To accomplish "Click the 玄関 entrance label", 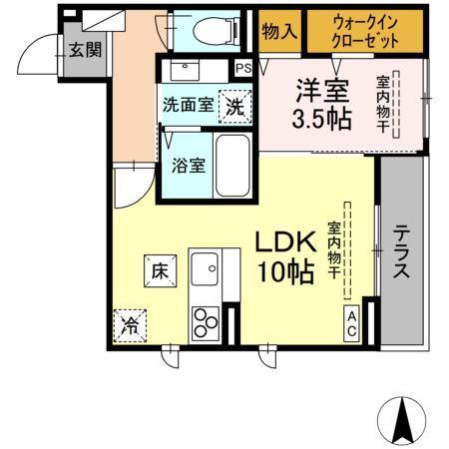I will (x=84, y=49).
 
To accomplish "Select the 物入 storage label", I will (x=278, y=31).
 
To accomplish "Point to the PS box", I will (x=242, y=68).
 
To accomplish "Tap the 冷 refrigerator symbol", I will (x=131, y=324).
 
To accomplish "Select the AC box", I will (x=353, y=322).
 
